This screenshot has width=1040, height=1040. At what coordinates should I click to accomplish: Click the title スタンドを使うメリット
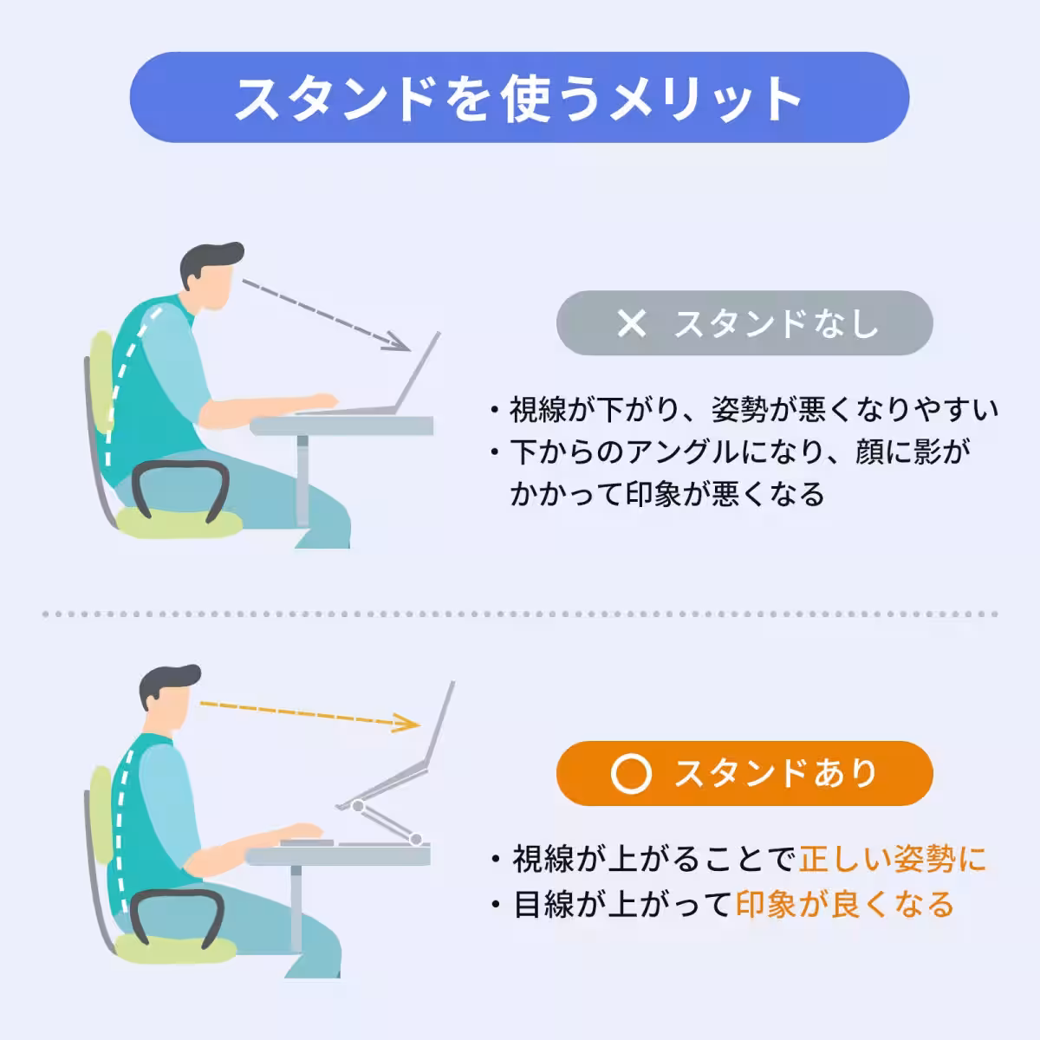click(x=518, y=98)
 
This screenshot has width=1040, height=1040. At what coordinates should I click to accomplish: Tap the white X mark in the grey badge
click(x=632, y=323)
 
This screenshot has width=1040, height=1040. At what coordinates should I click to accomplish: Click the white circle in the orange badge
click(x=630, y=774)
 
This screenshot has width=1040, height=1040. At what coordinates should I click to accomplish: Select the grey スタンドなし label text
click(x=777, y=323)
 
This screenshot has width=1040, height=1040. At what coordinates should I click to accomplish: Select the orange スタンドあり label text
click(x=777, y=774)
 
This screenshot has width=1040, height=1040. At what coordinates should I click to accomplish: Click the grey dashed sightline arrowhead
click(x=400, y=342)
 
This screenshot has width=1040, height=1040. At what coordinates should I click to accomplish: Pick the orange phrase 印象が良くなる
click(x=844, y=905)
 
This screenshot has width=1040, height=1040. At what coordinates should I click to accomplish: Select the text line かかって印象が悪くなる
click(x=667, y=494)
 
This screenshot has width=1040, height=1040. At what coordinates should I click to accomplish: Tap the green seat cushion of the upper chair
click(x=178, y=523)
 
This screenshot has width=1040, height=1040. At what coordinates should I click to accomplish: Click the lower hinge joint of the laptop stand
click(x=417, y=838)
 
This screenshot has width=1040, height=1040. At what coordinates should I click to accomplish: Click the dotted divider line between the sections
click(x=520, y=614)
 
